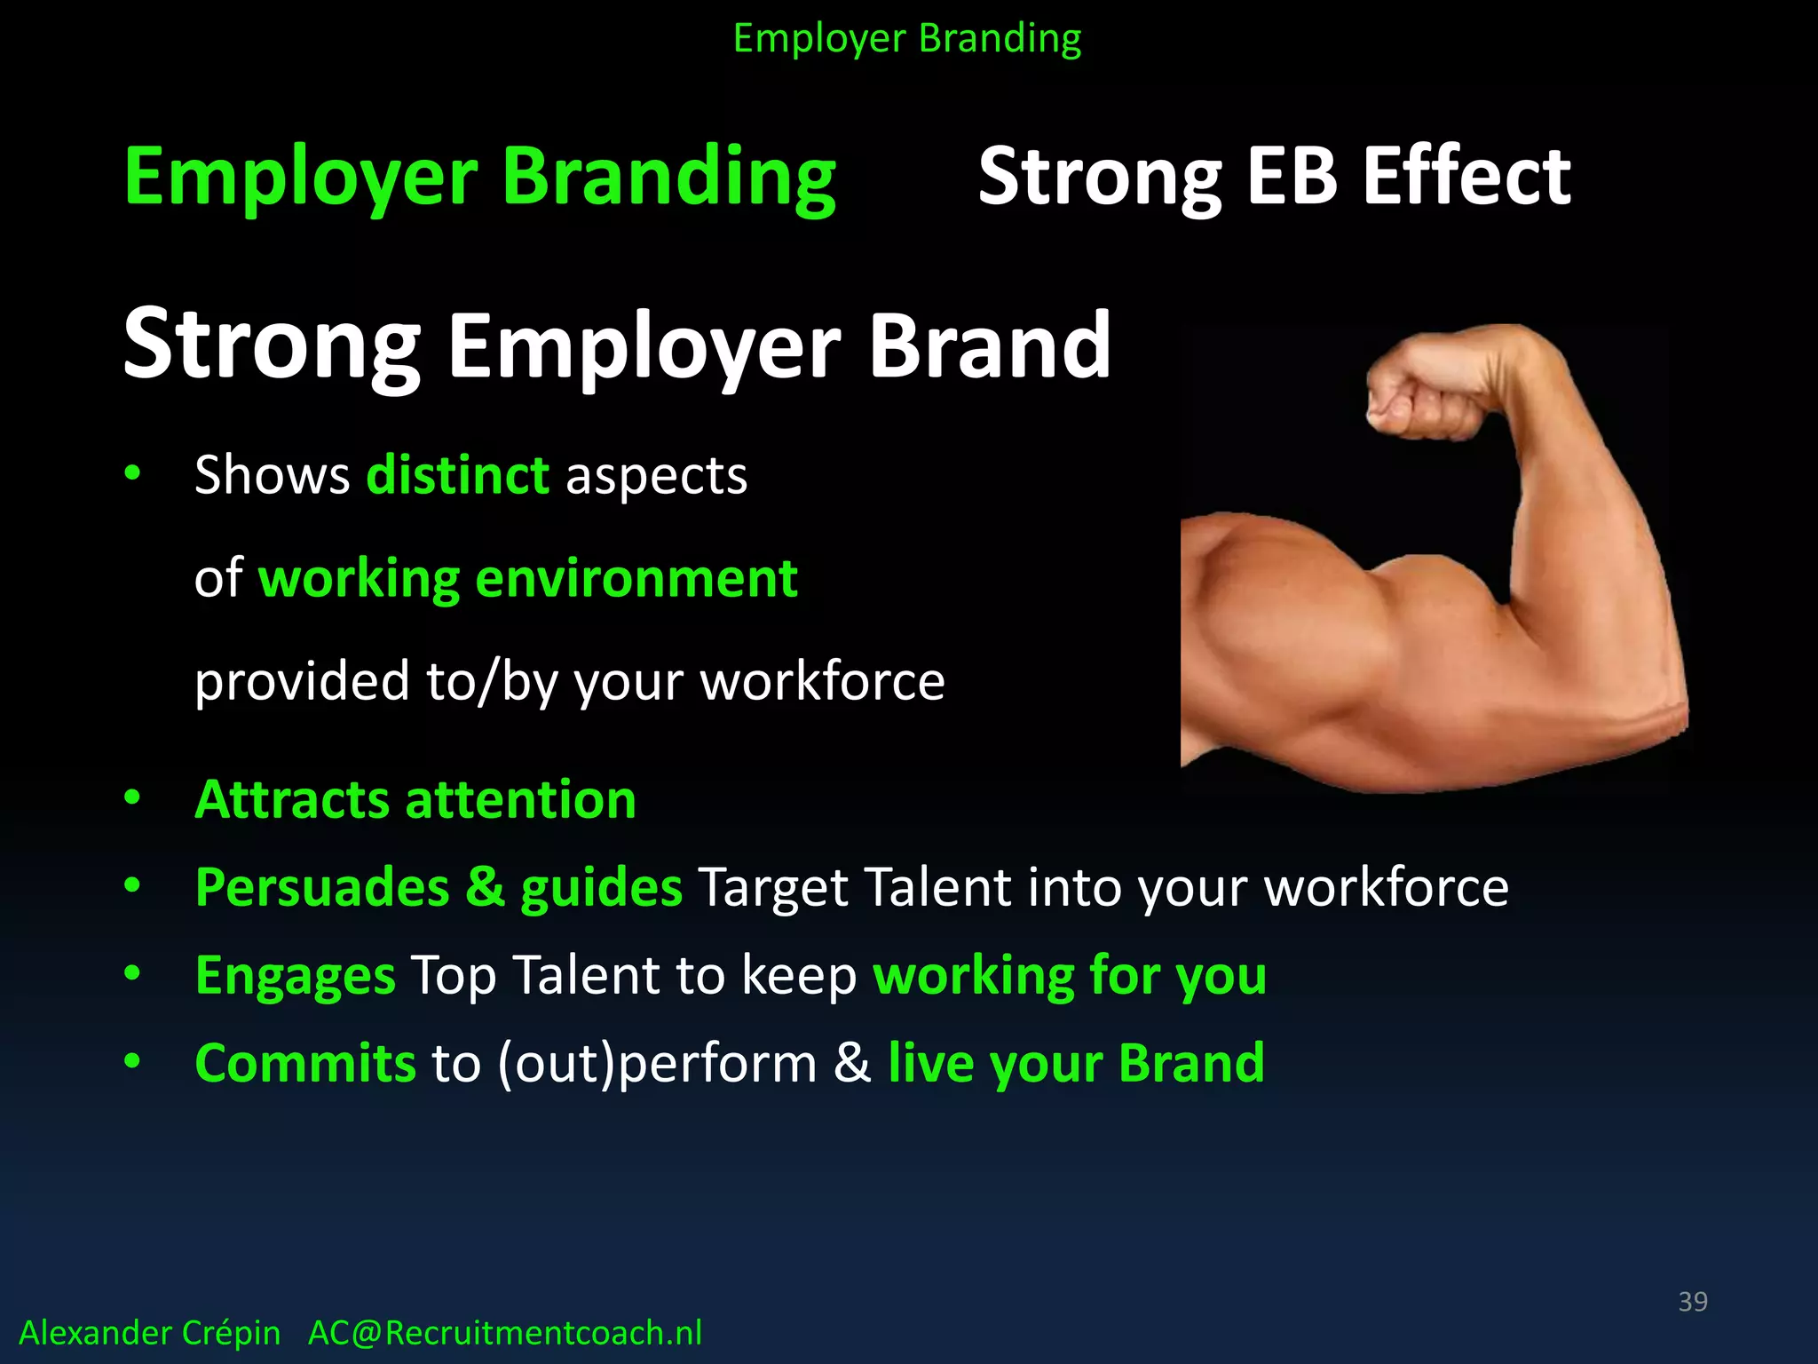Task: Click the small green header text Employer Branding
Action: pos(906,39)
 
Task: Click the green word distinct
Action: pos(458,475)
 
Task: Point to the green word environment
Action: pos(636,579)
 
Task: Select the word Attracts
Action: pos(292,800)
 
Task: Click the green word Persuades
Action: pos(321,888)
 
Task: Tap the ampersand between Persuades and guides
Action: pos(485,888)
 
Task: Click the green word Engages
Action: pos(295,976)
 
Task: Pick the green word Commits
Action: pos(304,1063)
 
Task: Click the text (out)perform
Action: pos(656,1063)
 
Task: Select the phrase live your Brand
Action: pos(1076,1063)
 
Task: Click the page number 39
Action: pos(1692,1302)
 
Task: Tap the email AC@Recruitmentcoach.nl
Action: pos(504,1333)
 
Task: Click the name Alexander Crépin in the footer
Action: pos(149,1333)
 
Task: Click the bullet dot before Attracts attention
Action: pos(132,797)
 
